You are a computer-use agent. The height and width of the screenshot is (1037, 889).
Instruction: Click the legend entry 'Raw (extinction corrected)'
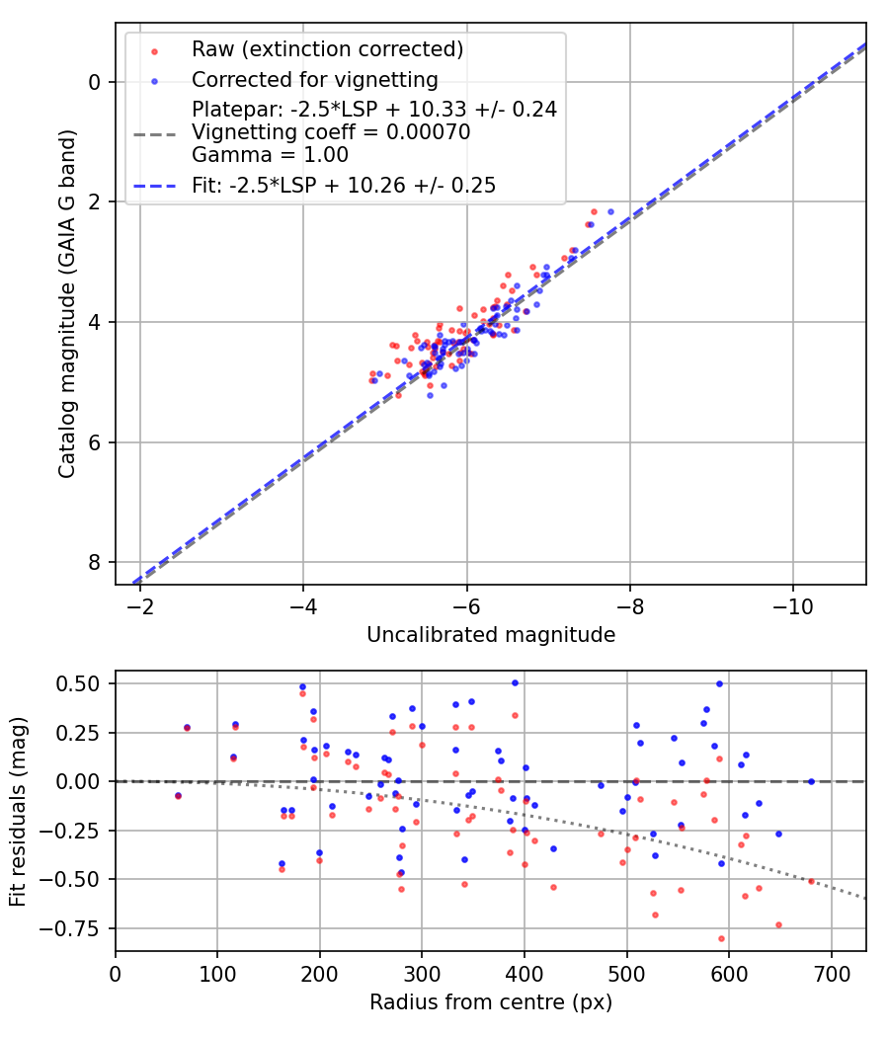(x=327, y=49)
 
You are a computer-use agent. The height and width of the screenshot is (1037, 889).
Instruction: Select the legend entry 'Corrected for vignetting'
(x=315, y=79)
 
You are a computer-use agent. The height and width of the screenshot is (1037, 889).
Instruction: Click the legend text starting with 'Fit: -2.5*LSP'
(x=344, y=185)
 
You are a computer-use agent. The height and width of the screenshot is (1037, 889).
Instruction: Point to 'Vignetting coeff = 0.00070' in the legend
(x=331, y=132)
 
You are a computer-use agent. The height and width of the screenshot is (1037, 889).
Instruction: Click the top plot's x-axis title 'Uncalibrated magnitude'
(x=491, y=635)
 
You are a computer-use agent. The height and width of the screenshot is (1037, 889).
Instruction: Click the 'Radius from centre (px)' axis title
(x=491, y=1002)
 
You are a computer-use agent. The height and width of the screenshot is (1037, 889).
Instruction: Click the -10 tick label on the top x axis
(x=792, y=603)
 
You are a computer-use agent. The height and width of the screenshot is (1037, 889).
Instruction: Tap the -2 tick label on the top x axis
(x=140, y=603)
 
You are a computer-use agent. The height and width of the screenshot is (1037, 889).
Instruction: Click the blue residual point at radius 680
(x=811, y=781)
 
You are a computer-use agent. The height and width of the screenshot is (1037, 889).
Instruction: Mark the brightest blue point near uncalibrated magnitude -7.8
(x=610, y=211)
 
